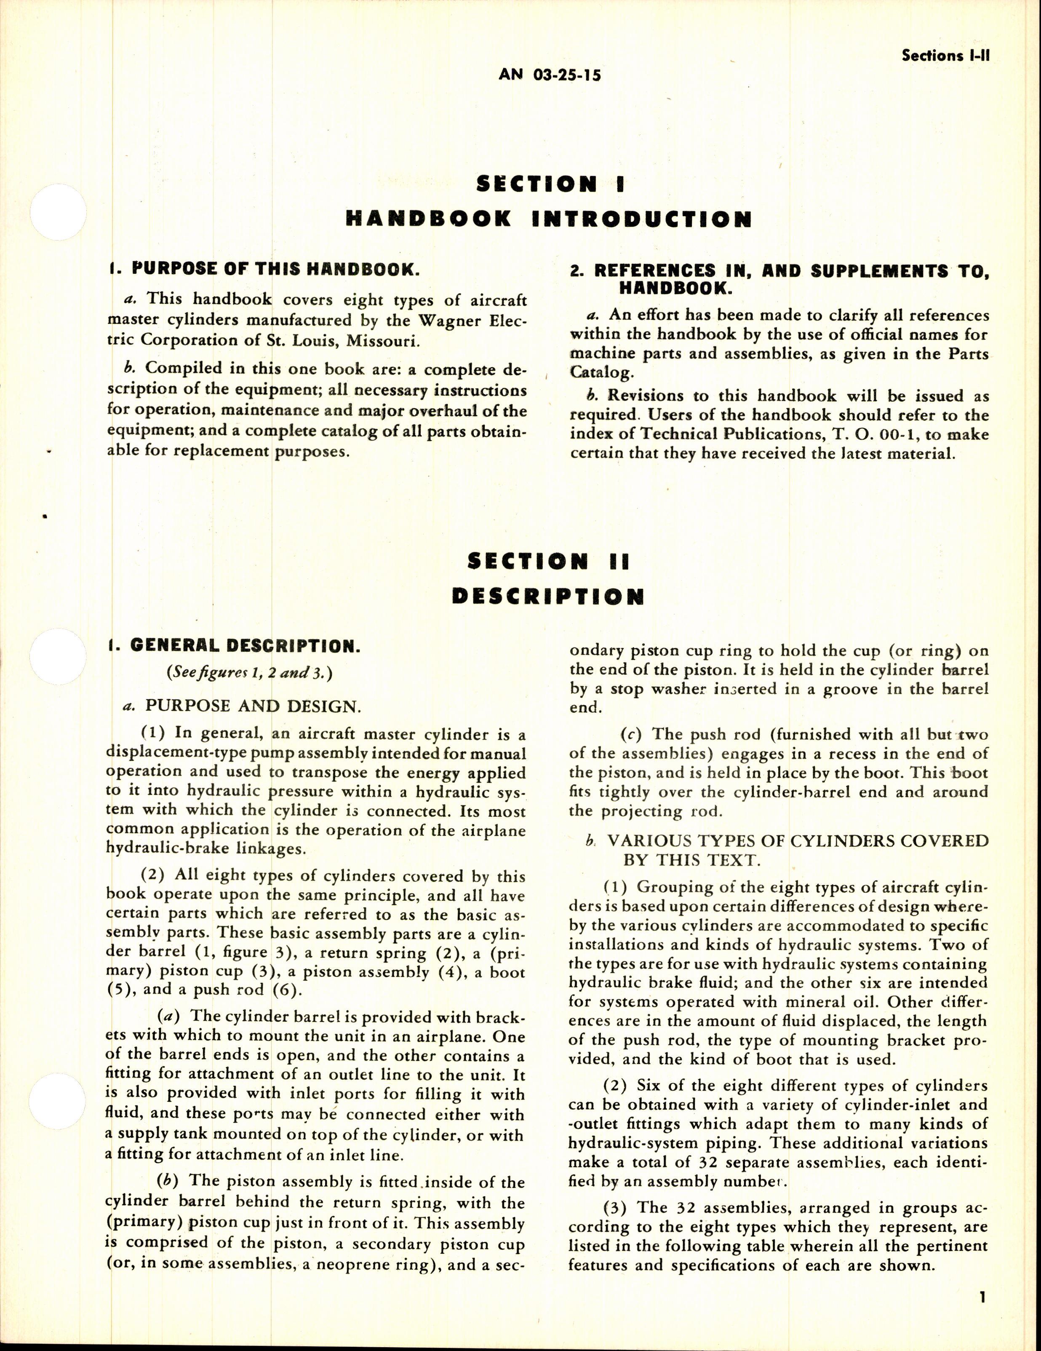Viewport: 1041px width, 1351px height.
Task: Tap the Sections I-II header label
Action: pos(946,55)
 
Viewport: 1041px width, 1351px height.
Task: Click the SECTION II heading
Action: pos(548,561)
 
